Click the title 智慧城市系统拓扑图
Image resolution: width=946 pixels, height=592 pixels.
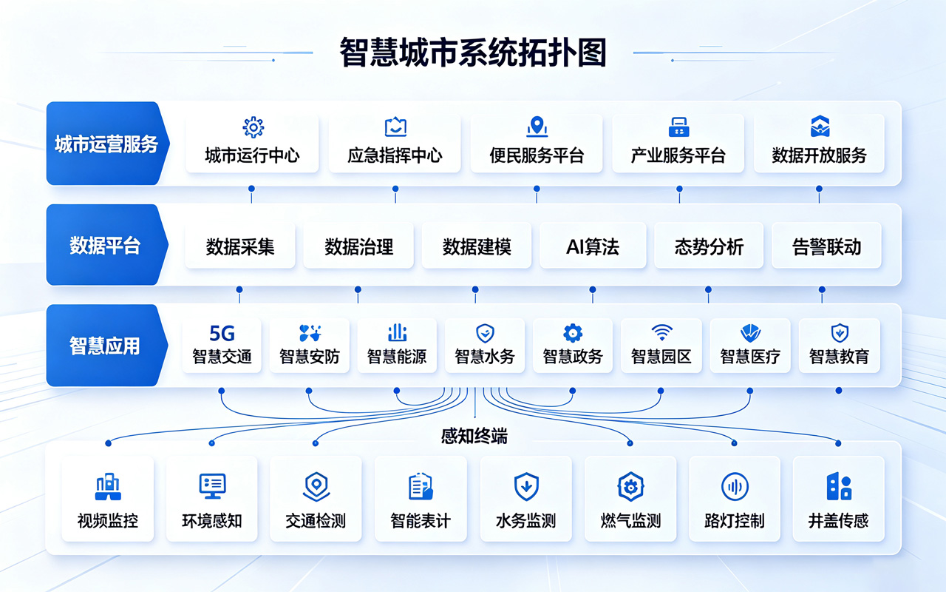click(473, 53)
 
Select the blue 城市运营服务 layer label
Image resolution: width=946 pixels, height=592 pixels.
click(107, 144)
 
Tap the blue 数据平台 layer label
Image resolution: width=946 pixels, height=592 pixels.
click(106, 245)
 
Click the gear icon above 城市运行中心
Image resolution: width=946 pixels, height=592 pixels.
click(253, 127)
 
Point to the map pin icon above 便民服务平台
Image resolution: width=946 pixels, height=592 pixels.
click(537, 127)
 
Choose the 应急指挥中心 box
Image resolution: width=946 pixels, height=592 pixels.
click(395, 144)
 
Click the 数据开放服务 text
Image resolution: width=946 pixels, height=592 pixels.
click(820, 155)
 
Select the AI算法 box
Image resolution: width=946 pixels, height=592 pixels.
click(593, 246)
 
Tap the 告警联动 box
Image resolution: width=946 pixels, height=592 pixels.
click(826, 246)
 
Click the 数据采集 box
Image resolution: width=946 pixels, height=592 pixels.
click(240, 246)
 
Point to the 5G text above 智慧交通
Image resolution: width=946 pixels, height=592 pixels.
click(222, 333)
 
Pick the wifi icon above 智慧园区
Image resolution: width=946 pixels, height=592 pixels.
click(661, 332)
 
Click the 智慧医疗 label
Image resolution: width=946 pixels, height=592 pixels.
click(750, 357)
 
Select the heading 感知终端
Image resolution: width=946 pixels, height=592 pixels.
click(474, 436)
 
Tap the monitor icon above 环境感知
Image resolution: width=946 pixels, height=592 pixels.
click(212, 486)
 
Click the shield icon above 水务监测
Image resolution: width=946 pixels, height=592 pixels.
click(526, 487)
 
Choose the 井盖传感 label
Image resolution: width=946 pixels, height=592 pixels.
click(838, 520)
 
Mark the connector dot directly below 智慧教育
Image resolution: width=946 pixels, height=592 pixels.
click(839, 390)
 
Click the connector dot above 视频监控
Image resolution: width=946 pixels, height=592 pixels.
click(108, 443)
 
